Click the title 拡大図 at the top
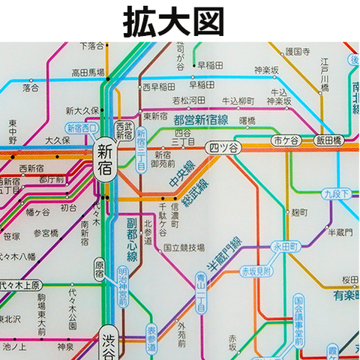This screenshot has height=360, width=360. coord(173,20)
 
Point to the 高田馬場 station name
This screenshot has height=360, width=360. coord(88,73)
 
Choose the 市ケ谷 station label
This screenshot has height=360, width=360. coord(286,140)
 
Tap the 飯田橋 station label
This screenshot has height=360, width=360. coord(328,140)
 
